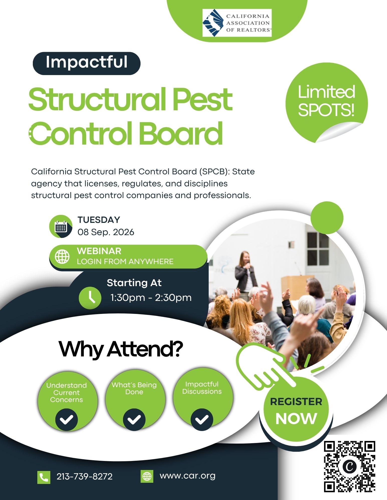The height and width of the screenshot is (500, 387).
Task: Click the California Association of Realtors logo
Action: point(237,23)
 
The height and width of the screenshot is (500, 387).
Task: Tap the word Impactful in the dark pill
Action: point(87,62)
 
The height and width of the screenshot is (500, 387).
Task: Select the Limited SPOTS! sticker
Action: point(327,103)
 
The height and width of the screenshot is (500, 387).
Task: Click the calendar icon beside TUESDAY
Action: point(61,226)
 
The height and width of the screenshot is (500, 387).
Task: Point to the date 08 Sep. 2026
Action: point(106,232)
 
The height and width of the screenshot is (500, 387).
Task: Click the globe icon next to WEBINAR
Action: point(62,256)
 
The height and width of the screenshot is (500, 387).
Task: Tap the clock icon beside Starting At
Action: point(90,298)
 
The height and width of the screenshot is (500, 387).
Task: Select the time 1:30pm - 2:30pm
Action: point(151,298)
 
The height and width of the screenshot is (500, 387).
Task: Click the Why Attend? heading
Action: point(121,349)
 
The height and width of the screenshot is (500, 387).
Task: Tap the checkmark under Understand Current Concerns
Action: point(67,419)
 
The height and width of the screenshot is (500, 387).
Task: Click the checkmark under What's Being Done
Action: point(134,419)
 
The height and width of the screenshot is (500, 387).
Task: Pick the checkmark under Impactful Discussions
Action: point(202,419)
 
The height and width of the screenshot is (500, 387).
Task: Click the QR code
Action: point(350,466)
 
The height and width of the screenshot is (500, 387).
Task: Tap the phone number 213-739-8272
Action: point(84,476)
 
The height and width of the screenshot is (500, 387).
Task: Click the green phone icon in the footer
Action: point(44,477)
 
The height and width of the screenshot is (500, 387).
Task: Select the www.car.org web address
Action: point(188,476)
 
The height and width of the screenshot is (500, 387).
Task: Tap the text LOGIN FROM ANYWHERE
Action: point(125,262)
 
